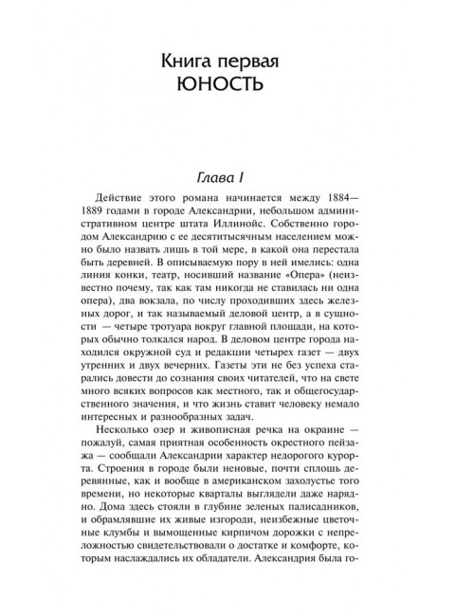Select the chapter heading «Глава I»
227,177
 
